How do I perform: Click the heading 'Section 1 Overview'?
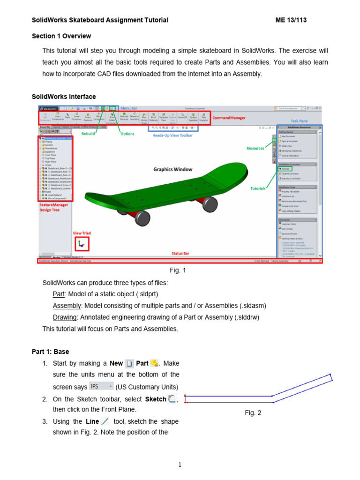(61, 36)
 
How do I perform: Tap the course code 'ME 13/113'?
(291, 20)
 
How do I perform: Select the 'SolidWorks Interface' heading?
(64, 97)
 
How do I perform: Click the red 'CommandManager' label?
(230, 118)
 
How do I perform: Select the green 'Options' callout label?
(127, 134)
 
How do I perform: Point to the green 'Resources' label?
(255, 148)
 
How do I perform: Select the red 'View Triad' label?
(82, 233)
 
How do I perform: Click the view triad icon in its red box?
(82, 243)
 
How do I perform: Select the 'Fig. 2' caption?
(253, 413)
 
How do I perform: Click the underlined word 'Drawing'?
(64, 317)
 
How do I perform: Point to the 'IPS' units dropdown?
(101, 386)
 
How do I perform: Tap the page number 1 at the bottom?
(180, 465)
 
